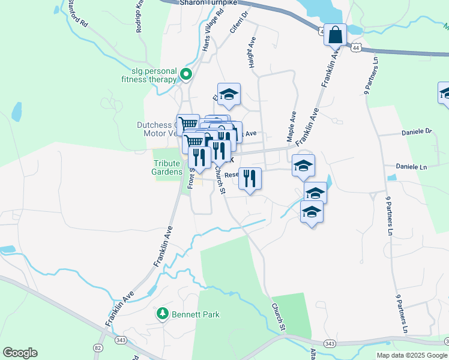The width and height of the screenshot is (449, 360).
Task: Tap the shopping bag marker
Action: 336,35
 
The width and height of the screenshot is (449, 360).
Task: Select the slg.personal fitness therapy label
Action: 149,75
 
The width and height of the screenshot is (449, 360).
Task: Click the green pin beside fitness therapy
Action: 186,75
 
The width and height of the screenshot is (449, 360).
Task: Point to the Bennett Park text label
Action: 196,314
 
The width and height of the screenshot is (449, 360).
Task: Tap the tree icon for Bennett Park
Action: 162,313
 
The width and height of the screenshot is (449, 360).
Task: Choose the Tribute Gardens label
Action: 167,167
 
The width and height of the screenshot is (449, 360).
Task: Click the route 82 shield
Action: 98,348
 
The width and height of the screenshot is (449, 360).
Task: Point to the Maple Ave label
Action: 292,126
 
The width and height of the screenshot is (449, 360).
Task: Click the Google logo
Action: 20,353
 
